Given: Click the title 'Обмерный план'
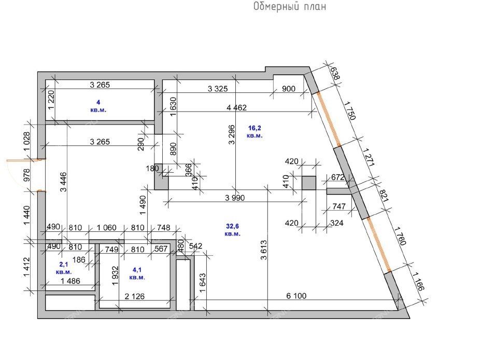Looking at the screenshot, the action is (x=290, y=7).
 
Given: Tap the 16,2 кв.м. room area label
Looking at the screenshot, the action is (x=254, y=132).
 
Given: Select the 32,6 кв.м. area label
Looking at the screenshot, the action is (x=232, y=230).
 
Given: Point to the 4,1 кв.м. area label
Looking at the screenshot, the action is (x=137, y=273).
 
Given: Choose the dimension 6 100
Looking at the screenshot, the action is (x=296, y=296).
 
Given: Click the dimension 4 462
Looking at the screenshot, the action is (x=236, y=108).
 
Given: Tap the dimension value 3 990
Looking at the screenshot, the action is (x=235, y=198).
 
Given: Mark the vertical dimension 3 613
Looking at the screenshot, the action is (x=264, y=250).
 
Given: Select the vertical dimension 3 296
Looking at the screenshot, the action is (x=232, y=135).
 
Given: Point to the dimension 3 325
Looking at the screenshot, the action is (x=218, y=89).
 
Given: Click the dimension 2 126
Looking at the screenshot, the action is (x=134, y=297).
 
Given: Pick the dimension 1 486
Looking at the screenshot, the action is (x=70, y=281).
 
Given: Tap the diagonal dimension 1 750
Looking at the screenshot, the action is (x=350, y=110).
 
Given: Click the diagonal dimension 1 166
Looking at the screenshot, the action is (x=419, y=281).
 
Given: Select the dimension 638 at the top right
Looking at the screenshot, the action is (x=335, y=73).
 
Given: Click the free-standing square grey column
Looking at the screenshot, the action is (x=309, y=183).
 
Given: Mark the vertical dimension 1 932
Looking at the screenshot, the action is (x=115, y=275).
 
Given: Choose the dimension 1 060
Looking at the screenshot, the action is (x=106, y=228).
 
